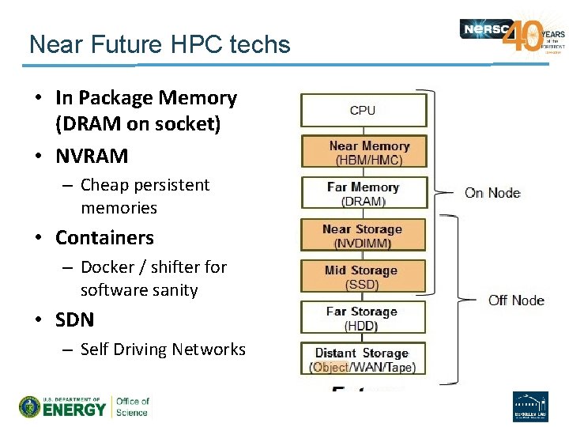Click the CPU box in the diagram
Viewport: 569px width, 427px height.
[x=363, y=110]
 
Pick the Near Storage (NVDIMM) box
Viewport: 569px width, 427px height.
[x=363, y=236]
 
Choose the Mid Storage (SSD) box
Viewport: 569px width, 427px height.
[x=363, y=277]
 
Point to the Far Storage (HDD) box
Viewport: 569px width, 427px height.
[x=363, y=318]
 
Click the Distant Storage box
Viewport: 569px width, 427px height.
[x=363, y=359]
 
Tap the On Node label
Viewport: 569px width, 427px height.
[x=492, y=192]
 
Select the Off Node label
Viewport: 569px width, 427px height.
[x=515, y=300]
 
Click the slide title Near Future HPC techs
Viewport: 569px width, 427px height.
[x=160, y=44]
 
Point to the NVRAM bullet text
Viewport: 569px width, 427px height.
[x=92, y=156]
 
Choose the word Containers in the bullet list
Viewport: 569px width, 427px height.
[x=104, y=237]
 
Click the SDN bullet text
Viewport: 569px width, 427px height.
[x=74, y=319]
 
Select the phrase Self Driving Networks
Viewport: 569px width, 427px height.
[x=163, y=350]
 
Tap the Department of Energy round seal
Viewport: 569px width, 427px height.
[x=30, y=406]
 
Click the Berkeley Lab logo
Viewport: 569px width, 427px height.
[x=530, y=406]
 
